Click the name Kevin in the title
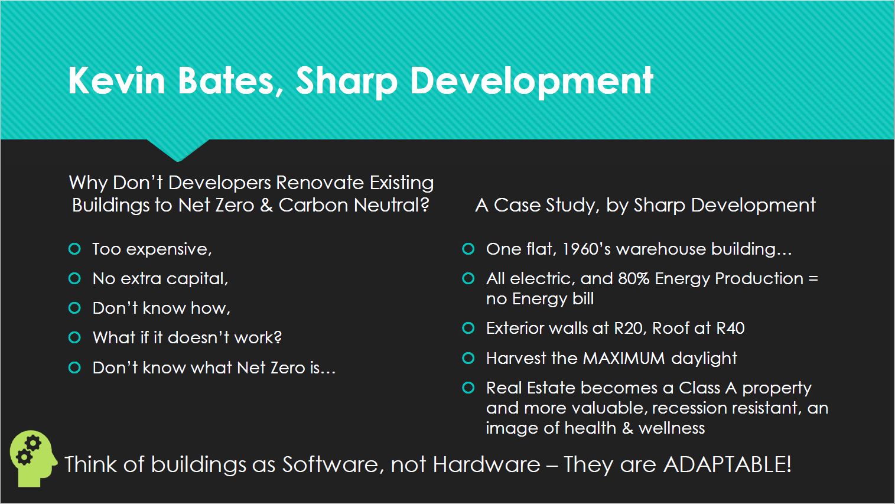pyautogui.click(x=116, y=80)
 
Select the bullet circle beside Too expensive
pyautogui.click(x=74, y=249)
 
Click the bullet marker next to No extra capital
pyautogui.click(x=74, y=278)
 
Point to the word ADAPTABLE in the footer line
pyautogui.click(x=728, y=464)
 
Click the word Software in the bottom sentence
pyautogui.click(x=330, y=464)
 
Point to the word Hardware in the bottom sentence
pyautogui.click(x=486, y=464)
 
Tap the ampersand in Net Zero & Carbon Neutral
pyautogui.click(x=266, y=205)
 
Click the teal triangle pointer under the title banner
pyautogui.click(x=178, y=150)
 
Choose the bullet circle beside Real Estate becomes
pyautogui.click(x=468, y=388)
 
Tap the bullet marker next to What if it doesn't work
pyautogui.click(x=74, y=337)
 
